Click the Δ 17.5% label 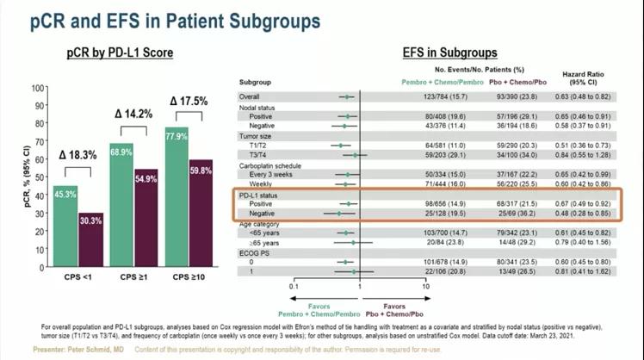(187, 102)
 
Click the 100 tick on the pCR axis (38, 87)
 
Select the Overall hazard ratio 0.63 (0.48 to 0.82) (585, 97)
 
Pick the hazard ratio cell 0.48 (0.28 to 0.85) (585, 212)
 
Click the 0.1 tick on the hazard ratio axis (294, 285)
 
